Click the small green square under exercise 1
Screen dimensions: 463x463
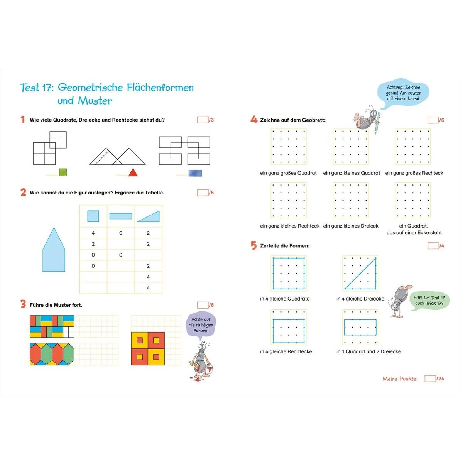tap(63, 172)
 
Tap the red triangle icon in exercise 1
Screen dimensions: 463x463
tap(133, 172)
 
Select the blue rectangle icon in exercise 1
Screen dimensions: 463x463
tap(195, 173)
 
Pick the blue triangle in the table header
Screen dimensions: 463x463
tap(149, 216)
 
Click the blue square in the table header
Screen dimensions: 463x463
tap(93, 216)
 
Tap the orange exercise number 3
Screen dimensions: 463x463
tap(23, 304)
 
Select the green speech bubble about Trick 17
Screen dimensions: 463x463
tap(429, 301)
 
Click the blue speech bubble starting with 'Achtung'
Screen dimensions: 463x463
tap(403, 93)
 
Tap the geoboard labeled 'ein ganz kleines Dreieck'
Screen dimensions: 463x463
tap(351, 201)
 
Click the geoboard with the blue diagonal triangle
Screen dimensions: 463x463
tap(360, 273)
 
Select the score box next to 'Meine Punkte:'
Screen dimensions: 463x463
tap(430, 379)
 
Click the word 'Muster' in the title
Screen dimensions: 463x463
tap(95, 101)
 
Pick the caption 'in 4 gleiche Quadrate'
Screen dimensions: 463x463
tap(285, 299)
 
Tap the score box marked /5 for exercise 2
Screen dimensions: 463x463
tap(203, 193)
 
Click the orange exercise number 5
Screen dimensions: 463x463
tap(253, 245)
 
